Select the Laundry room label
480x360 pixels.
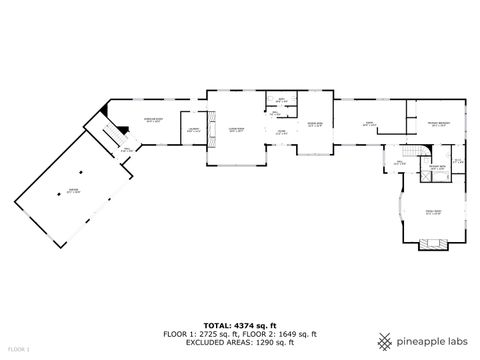pos(192,130)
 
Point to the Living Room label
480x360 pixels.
pos(236,130)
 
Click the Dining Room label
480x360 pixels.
pos(314,125)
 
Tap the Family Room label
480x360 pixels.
pos(433,212)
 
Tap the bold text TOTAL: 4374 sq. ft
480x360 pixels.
pos(239,325)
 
